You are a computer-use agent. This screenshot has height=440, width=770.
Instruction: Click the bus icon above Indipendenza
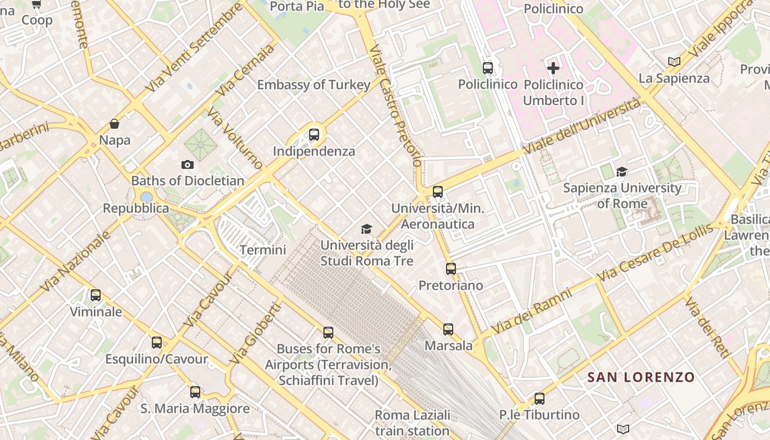tap(314, 135)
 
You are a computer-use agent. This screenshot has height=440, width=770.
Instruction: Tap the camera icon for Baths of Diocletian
tap(188, 164)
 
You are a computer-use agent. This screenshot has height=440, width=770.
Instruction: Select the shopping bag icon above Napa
tap(114, 124)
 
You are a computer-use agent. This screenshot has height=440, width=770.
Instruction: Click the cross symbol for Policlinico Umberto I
tap(553, 68)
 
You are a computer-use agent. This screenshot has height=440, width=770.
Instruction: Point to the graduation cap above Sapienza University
tap(621, 172)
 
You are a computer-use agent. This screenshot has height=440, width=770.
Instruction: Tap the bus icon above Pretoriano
tap(451, 269)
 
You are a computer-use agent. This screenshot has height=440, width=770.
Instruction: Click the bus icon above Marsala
tap(448, 329)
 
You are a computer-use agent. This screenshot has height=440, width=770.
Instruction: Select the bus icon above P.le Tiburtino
tap(540, 399)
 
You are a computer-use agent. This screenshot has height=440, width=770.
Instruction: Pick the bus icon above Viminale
tap(96, 295)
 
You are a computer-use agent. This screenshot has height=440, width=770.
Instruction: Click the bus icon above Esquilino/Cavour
tap(157, 343)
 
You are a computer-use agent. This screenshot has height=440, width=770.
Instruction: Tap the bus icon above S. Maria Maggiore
tap(195, 392)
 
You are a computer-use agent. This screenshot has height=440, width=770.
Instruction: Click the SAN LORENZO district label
tap(641, 377)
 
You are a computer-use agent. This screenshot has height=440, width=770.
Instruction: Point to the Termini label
tap(263, 250)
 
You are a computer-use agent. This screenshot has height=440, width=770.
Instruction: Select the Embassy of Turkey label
tap(313, 85)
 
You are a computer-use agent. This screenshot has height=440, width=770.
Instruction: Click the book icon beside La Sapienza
tap(674, 62)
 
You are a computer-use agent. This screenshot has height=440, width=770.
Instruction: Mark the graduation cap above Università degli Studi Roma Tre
tap(366, 229)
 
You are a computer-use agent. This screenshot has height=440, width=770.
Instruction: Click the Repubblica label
tap(136, 208)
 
